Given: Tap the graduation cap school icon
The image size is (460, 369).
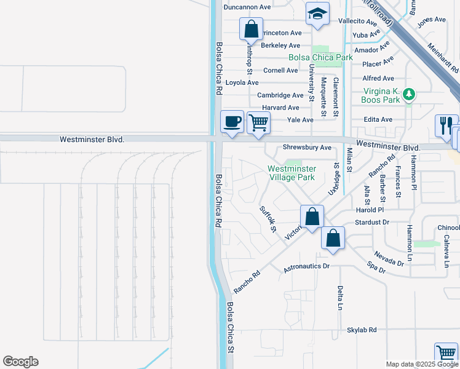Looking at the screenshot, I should (x=317, y=14).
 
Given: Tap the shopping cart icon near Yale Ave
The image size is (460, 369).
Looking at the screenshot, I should (x=259, y=122).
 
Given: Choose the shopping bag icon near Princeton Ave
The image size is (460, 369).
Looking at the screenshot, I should (x=251, y=28).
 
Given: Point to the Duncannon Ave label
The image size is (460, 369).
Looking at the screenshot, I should (x=247, y=7).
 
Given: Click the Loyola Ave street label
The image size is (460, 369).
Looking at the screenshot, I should (x=242, y=82).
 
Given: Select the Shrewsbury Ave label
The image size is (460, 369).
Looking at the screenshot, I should (x=307, y=148).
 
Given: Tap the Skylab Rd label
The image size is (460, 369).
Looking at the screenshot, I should (x=361, y=330).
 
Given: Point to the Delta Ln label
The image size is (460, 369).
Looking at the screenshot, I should (x=339, y=298).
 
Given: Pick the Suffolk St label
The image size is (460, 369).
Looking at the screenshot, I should (x=268, y=219).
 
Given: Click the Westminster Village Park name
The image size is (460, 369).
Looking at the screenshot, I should (x=291, y=173).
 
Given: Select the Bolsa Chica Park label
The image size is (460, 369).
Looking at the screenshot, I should (x=321, y=57).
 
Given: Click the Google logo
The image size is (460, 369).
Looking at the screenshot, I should (x=20, y=362).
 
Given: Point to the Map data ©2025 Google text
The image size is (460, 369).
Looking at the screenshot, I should (x=422, y=364).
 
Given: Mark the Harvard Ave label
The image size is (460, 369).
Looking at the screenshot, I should (x=280, y=108).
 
